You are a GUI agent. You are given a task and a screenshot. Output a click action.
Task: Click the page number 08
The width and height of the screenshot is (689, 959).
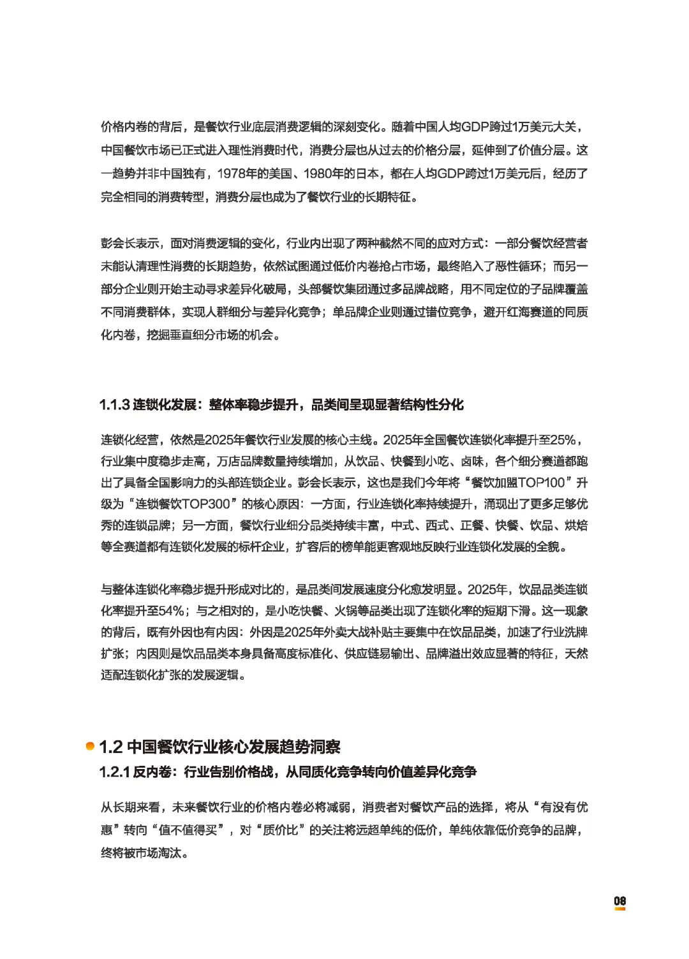click(x=619, y=900)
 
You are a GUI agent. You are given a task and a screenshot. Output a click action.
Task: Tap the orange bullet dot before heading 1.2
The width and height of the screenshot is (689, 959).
click(x=91, y=746)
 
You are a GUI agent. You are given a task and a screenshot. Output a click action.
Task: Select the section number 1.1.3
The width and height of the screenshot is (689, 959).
click(x=114, y=405)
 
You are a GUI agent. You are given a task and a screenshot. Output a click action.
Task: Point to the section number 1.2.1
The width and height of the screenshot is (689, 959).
click(x=114, y=772)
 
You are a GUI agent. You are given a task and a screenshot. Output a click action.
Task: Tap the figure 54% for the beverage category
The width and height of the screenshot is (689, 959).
click(x=171, y=611)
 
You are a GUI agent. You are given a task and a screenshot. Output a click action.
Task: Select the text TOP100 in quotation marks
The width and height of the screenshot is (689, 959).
click(x=541, y=483)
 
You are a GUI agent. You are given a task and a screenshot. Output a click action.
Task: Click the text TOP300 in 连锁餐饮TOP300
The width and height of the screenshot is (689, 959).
click(x=205, y=504)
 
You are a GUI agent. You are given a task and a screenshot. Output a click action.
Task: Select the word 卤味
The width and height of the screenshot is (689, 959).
click(x=472, y=461)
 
